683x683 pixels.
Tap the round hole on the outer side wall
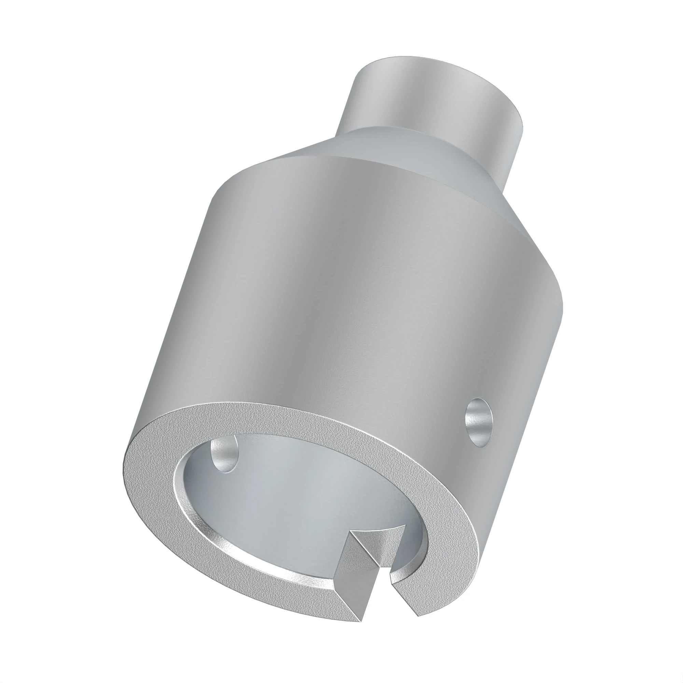tap(479, 422)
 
